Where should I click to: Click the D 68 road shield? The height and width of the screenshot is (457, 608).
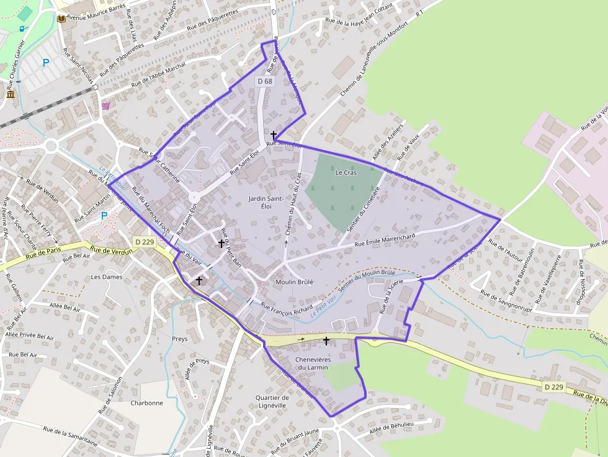pyautogui.click(x=264, y=81)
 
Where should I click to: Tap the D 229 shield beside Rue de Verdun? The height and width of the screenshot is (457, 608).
pyautogui.click(x=144, y=242)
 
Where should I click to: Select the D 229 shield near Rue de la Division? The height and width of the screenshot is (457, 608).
pyautogui.click(x=554, y=387)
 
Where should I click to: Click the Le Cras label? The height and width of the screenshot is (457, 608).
pyautogui.click(x=346, y=172)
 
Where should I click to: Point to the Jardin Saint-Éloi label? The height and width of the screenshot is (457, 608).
pyautogui.click(x=266, y=202)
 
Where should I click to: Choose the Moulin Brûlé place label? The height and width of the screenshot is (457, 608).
pyautogui.click(x=294, y=282)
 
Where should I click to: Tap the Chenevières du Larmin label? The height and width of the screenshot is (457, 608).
pyautogui.click(x=312, y=363)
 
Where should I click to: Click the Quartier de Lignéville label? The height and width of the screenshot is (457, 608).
pyautogui.click(x=272, y=401)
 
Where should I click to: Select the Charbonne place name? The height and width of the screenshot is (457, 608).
pyautogui.click(x=146, y=402)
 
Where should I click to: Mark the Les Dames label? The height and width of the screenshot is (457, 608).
pyautogui.click(x=107, y=277)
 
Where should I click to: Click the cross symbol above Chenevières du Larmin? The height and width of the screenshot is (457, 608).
pyautogui.click(x=326, y=340)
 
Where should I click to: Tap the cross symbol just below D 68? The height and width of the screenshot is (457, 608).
pyautogui.click(x=274, y=134)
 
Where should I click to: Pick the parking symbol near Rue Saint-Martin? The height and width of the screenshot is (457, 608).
pyautogui.click(x=104, y=216)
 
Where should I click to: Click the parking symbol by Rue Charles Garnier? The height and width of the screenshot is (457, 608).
pyautogui.click(x=45, y=62)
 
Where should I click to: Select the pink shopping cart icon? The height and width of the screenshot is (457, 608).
pyautogui.click(x=105, y=105)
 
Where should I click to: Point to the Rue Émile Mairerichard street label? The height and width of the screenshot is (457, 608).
pyautogui.click(x=385, y=240)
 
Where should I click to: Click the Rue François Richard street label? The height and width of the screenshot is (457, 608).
pyautogui.click(x=287, y=308)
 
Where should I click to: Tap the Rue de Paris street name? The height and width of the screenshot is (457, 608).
pyautogui.click(x=45, y=254)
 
